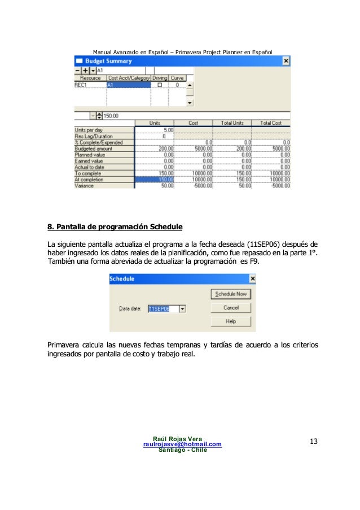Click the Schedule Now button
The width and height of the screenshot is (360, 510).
tap(230, 294)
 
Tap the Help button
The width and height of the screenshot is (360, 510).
tap(230, 321)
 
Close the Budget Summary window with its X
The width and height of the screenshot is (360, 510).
tap(286, 61)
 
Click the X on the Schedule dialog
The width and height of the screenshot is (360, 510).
tap(252, 279)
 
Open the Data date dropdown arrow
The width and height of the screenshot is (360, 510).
tap(182, 309)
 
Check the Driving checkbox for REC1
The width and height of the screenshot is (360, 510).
tap(160, 85)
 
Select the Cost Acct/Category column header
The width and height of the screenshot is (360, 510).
tap(129, 78)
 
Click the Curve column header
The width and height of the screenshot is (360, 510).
tap(178, 78)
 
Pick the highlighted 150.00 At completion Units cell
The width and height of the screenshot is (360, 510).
tap(154, 179)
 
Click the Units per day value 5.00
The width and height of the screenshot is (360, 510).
tap(154, 129)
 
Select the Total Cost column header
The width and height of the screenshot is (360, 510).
tap(271, 123)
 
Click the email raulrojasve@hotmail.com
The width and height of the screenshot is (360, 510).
tap(183, 444)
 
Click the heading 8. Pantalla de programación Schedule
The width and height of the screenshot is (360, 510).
tap(115, 228)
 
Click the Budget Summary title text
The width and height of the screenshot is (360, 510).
tap(109, 61)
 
